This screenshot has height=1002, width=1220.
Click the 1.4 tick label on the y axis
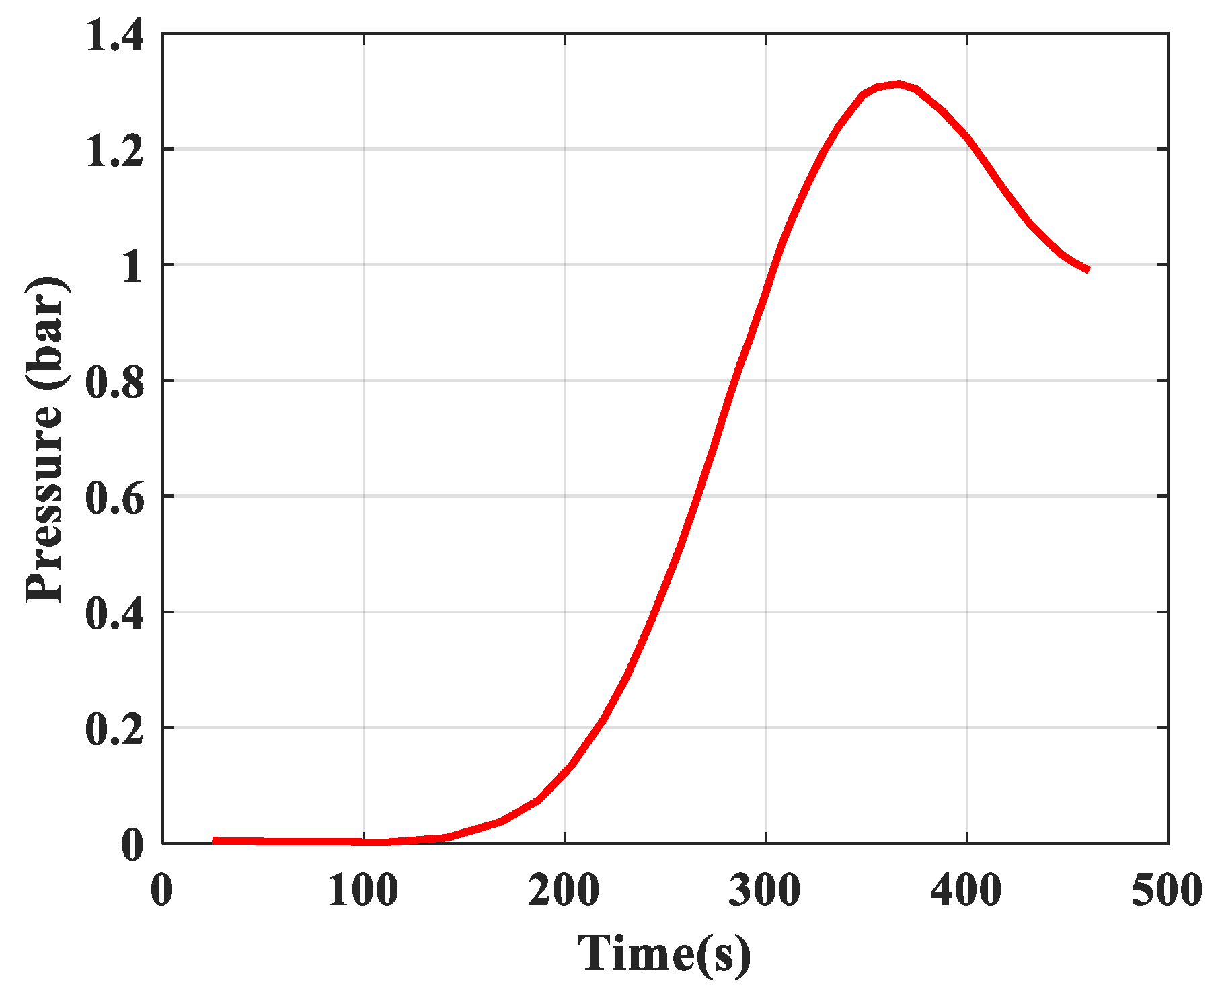coord(114,35)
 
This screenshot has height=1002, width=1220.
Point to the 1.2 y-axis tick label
coord(114,151)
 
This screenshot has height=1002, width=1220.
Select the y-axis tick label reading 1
coord(132,266)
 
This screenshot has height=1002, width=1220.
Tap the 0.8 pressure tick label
coord(114,382)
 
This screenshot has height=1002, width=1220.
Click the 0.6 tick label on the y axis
coord(114,498)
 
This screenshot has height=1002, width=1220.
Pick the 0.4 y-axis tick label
coord(114,614)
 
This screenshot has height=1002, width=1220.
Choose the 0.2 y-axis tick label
coord(114,730)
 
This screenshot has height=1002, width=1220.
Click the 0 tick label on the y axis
coord(132,845)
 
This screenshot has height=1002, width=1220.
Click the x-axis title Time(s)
coord(664,954)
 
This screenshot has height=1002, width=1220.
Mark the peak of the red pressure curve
coord(898,84)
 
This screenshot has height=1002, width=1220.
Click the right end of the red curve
coord(1088,270)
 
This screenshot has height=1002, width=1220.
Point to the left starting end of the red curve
coord(214,840)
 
